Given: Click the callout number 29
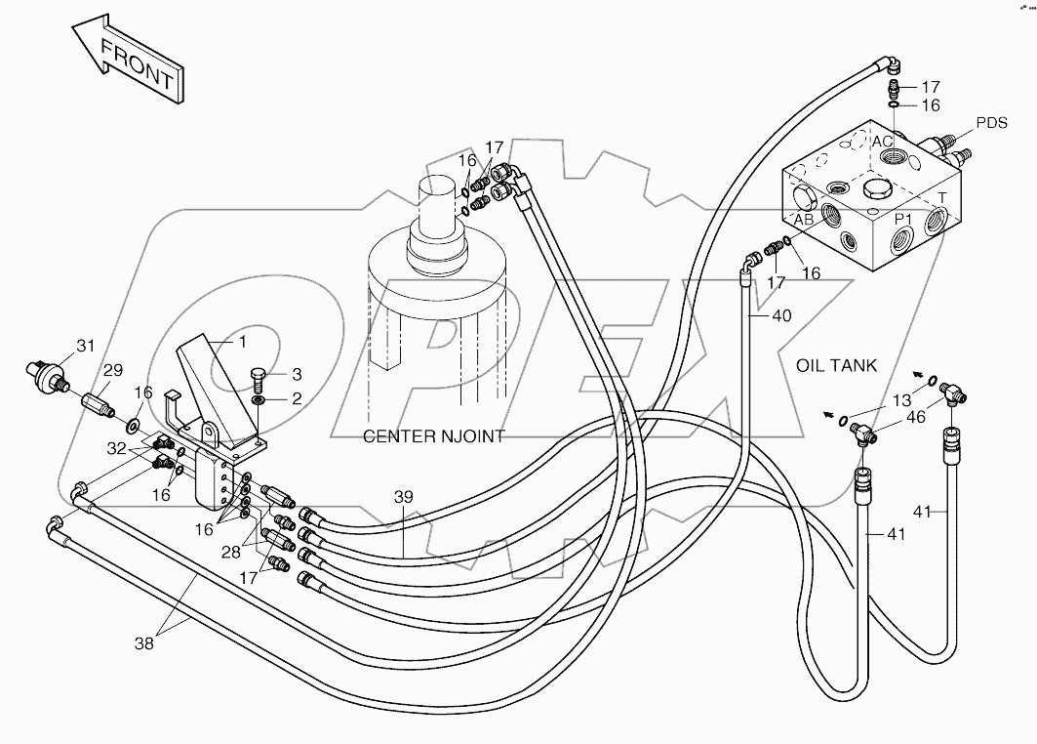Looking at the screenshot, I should coord(114,371).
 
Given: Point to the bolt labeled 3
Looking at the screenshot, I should coord(259,375).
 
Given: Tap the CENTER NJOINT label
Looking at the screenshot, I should coord(433,436).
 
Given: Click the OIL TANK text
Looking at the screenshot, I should coord(836,366).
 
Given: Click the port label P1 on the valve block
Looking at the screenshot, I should coord(904,219).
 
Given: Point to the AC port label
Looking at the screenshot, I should coord(882,142).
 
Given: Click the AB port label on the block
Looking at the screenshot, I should coord(803,220).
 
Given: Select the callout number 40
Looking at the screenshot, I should coord(781,315).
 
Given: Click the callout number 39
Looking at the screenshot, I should coord(404,497).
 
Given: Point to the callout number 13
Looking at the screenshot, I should coord(902,400).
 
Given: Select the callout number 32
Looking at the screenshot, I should coord(117,448).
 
